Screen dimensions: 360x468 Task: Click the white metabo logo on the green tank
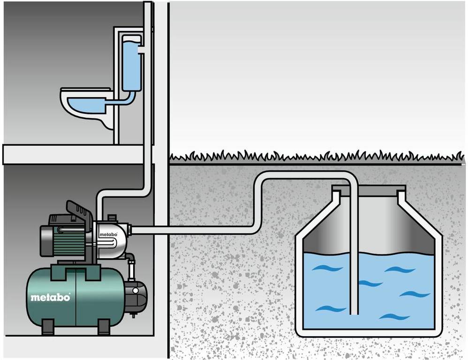pyautogui.click(x=50, y=297)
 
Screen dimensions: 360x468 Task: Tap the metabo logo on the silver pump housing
pyautogui.click(x=107, y=234)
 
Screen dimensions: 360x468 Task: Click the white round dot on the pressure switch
pyautogui.click(x=136, y=291)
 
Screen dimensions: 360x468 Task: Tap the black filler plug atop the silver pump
pyautogui.click(x=112, y=217)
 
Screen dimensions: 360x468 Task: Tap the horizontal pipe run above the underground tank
pyautogui.click(x=305, y=175)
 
